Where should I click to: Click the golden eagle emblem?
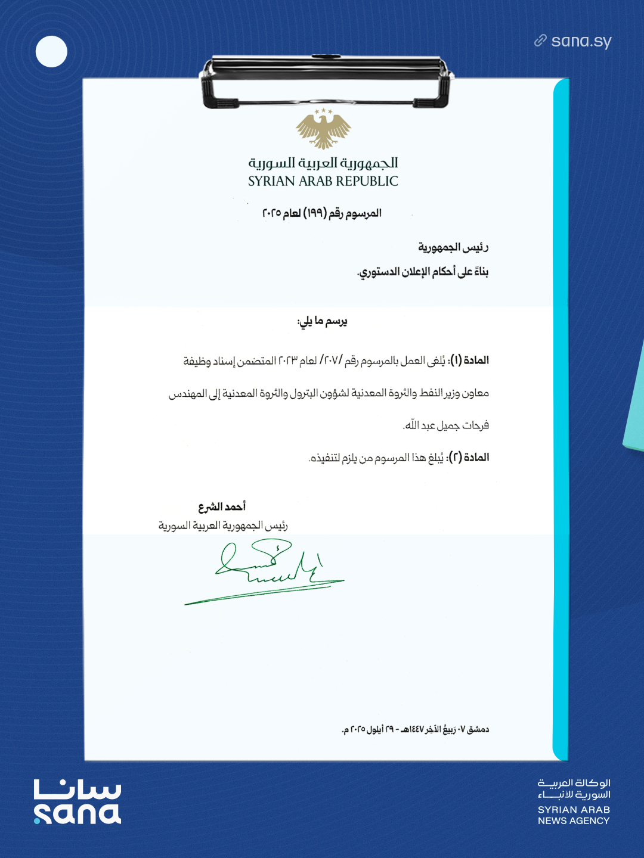[x=323, y=129]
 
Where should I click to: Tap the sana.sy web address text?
[x=581, y=41]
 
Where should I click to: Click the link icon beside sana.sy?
[x=540, y=41]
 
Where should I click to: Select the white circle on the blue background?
[x=51, y=51]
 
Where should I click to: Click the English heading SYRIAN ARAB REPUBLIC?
[x=323, y=181]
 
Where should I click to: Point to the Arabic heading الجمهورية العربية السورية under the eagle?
[x=323, y=163]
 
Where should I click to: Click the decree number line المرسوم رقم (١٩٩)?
[x=322, y=213]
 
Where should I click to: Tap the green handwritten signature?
[x=268, y=569]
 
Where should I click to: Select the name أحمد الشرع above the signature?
[x=222, y=506]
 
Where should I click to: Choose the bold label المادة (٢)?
[x=470, y=457]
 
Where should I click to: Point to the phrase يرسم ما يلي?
[x=322, y=322]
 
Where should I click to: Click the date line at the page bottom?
[x=415, y=729]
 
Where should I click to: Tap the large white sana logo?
[x=78, y=802]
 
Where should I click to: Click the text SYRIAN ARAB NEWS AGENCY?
[x=574, y=815]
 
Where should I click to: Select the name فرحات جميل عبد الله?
[x=446, y=425]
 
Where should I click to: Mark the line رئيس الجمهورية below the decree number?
[x=453, y=247]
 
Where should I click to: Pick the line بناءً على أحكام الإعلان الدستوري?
[x=423, y=272]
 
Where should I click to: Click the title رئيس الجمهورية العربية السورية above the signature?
[x=223, y=526]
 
